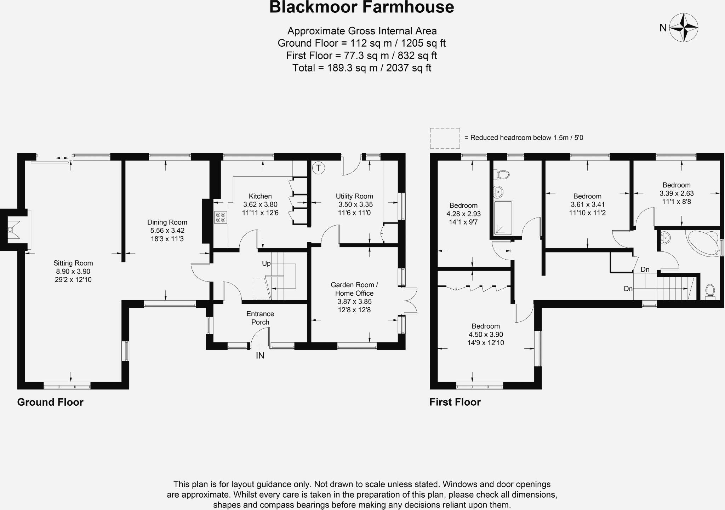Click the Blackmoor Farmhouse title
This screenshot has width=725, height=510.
pos(361,7)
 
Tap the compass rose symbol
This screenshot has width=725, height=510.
pos(684,28)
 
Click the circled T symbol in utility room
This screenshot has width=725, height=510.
pos(318,168)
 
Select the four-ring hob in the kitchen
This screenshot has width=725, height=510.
pos(221,217)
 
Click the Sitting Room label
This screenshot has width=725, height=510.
pos(73,263)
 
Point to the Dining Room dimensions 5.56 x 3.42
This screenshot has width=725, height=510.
pos(167,231)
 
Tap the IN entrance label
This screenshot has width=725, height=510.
pos(260,356)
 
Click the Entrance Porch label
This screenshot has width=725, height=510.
pos(260,318)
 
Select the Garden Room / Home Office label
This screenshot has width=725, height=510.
pos(354,289)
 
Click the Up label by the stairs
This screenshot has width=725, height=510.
pos(266,263)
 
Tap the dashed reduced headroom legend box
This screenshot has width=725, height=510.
pos(445,138)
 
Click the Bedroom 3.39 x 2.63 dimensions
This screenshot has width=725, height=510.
pos(677,193)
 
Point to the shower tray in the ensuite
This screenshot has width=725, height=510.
pos(503,218)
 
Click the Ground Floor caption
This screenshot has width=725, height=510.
pos(50,402)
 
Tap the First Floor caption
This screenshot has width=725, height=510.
pos(455,402)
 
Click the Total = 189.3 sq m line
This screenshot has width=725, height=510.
pos(361,68)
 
